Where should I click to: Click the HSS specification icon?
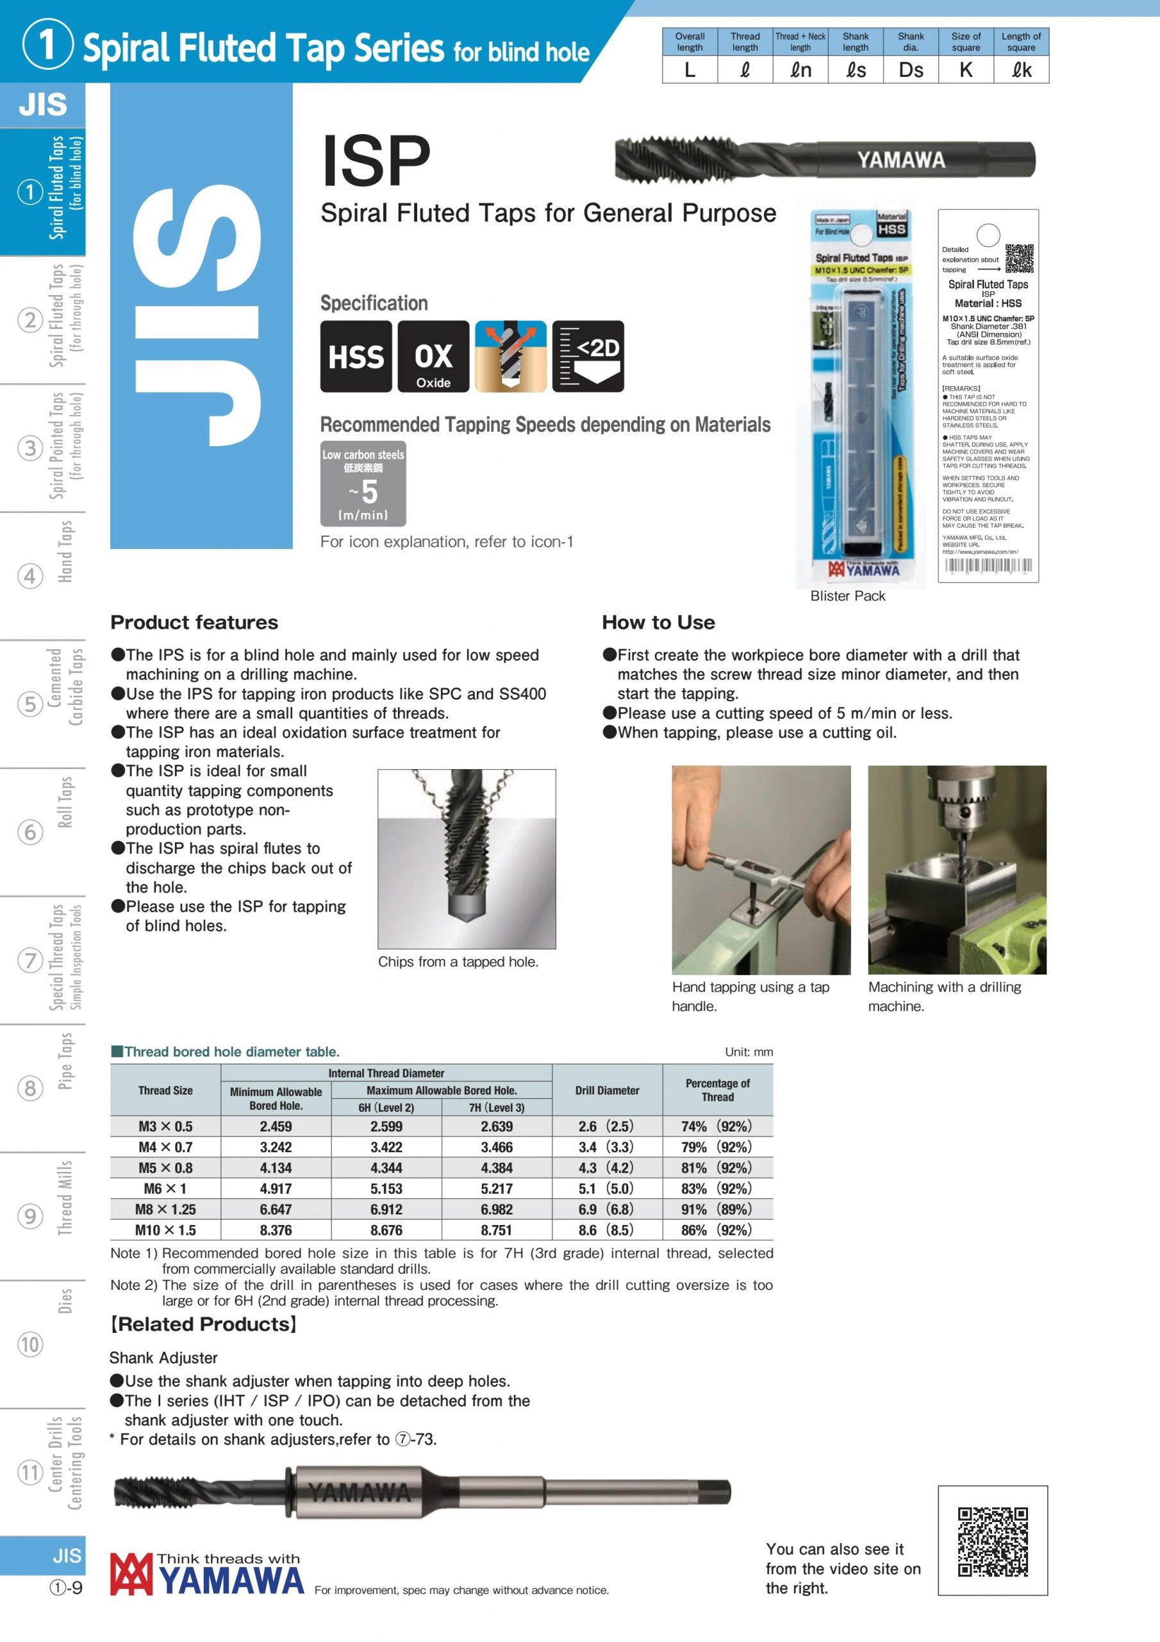(355, 356)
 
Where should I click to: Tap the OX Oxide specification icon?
(433, 356)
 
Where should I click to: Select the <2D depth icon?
(588, 356)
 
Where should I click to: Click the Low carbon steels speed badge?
(363, 484)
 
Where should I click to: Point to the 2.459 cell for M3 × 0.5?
(276, 1126)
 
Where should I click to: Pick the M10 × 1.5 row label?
(165, 1230)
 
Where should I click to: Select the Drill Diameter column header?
(607, 1090)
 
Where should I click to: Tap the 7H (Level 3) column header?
(496, 1108)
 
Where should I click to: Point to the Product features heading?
(194, 622)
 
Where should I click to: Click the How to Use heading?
(658, 622)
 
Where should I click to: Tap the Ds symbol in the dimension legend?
(911, 70)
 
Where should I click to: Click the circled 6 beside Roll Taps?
(30, 833)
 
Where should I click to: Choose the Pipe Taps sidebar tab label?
(65, 1061)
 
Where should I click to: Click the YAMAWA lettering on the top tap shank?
(901, 160)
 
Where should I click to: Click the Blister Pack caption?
(848, 596)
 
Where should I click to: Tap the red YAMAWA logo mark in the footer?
(131, 1574)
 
